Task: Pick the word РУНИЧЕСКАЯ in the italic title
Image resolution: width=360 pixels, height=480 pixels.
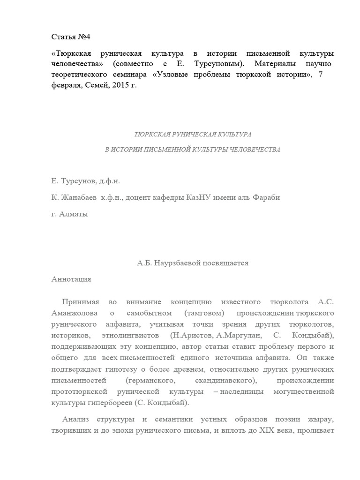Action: [x=185, y=135]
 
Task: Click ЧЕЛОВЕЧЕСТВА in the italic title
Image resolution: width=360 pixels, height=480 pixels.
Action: [x=252, y=150]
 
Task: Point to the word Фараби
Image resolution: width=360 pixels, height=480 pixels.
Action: [x=266, y=197]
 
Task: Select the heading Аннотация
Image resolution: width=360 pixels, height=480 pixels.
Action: [x=71, y=279]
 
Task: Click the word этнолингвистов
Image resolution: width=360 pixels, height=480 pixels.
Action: [x=127, y=335]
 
